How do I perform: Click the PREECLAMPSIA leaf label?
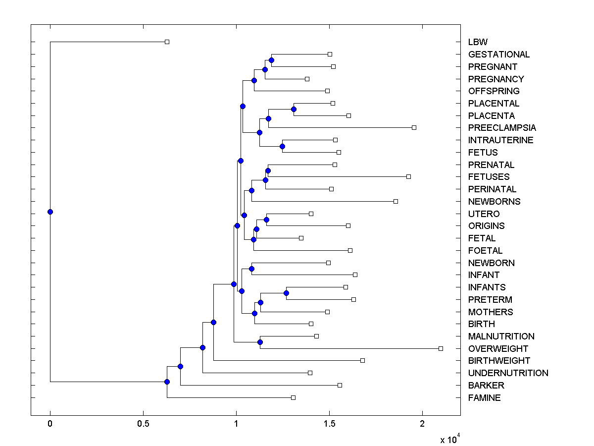click(x=501, y=128)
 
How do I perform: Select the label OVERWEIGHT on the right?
click(x=498, y=349)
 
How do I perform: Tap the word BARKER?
click(x=486, y=386)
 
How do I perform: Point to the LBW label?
click(x=478, y=42)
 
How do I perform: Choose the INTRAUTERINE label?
click(x=500, y=140)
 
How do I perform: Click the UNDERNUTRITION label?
click(x=508, y=373)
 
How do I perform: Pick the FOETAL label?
click(x=485, y=251)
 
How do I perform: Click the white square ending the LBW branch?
click(x=167, y=42)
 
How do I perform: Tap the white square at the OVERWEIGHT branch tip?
click(x=441, y=348)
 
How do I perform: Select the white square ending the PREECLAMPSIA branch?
click(x=414, y=127)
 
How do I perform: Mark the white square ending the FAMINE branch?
click(x=293, y=397)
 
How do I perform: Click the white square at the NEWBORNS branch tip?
click(x=396, y=201)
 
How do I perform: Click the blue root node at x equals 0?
click(x=50, y=212)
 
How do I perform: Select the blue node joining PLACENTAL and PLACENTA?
click(x=294, y=109)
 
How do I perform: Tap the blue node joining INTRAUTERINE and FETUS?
click(x=282, y=146)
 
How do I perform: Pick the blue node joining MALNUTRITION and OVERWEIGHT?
click(x=260, y=342)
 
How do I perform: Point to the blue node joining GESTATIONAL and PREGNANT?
click(x=271, y=60)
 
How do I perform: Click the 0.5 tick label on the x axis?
click(x=143, y=424)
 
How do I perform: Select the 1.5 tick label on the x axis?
click(x=329, y=424)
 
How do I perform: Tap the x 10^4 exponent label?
click(x=450, y=440)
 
